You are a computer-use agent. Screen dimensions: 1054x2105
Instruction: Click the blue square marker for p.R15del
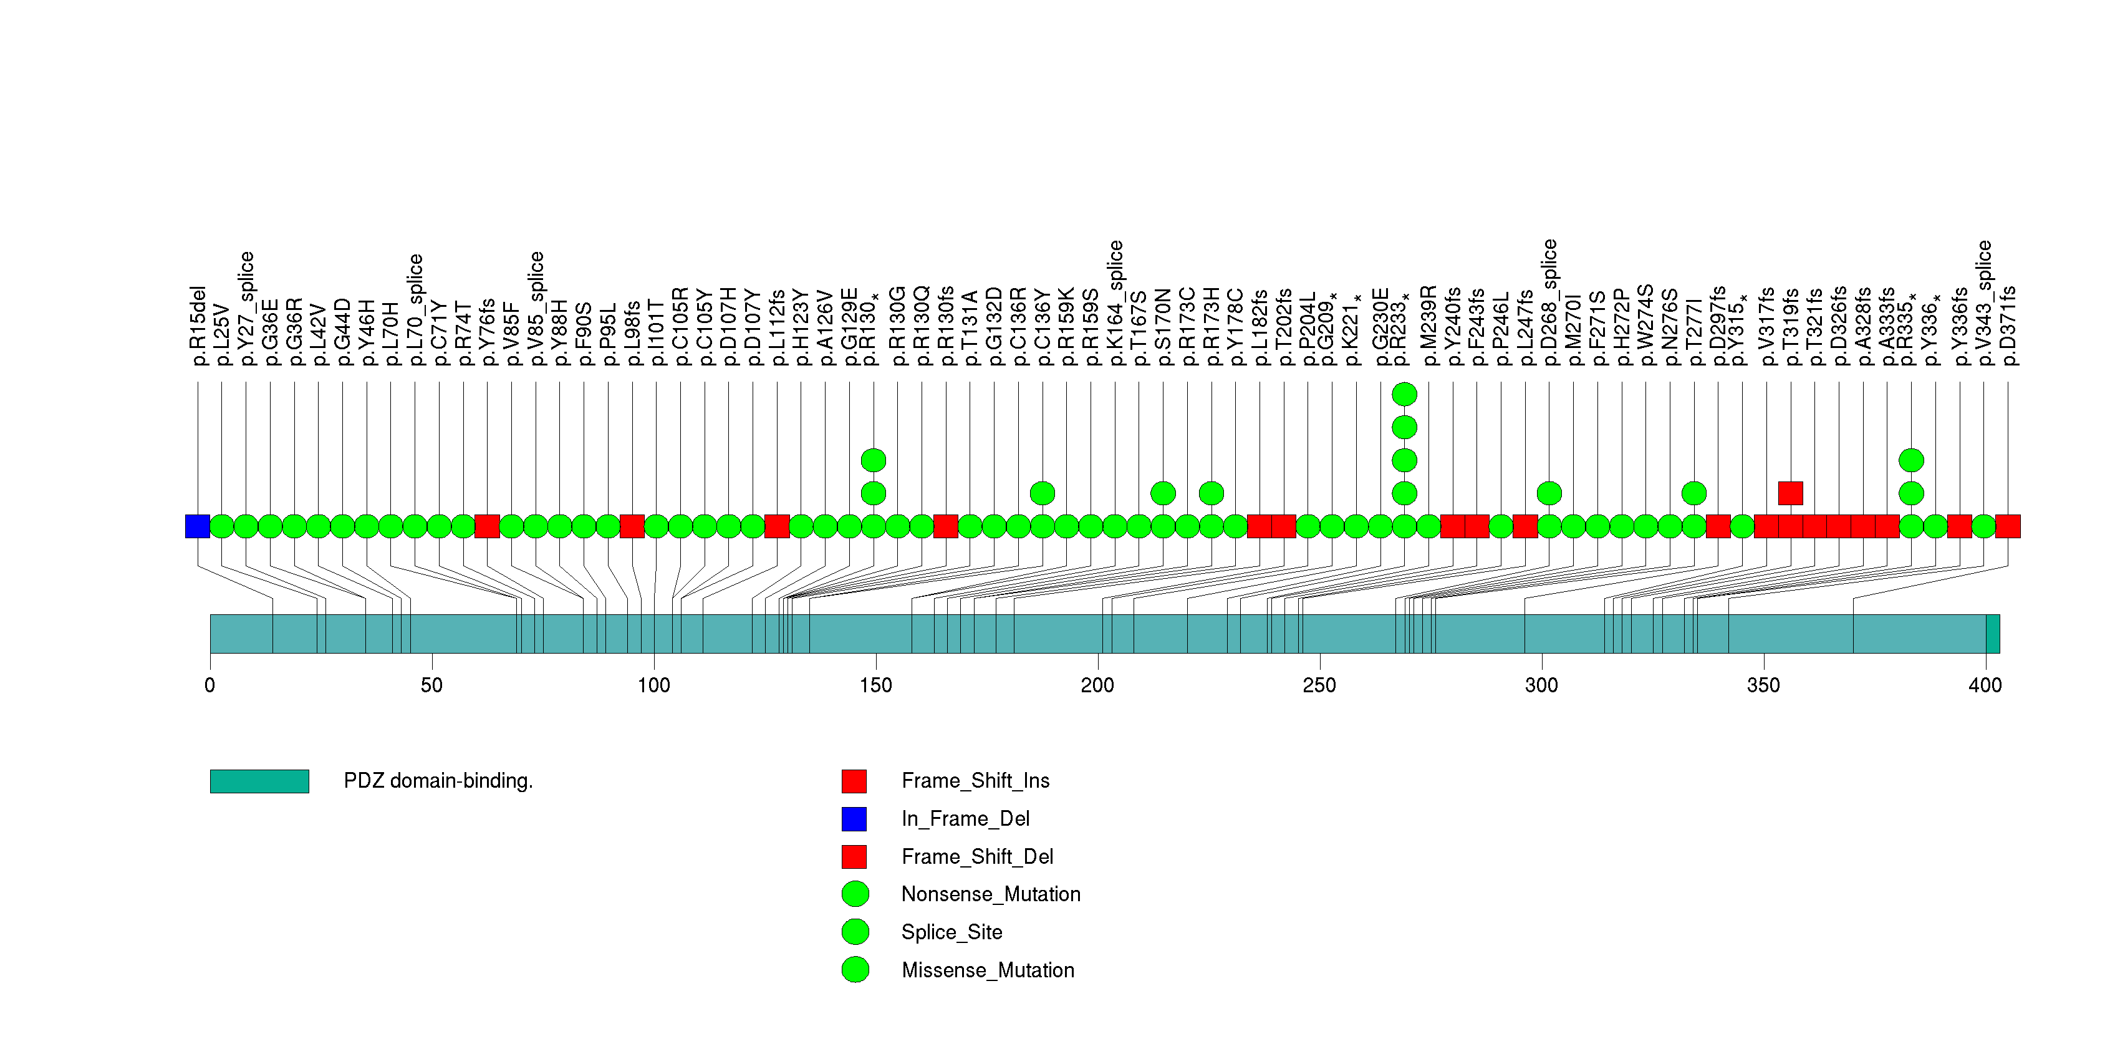(198, 526)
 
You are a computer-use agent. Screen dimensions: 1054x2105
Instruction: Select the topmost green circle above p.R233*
(1404, 395)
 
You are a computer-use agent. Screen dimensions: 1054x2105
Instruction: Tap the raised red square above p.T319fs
(1790, 493)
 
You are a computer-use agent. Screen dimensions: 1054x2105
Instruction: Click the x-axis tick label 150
(875, 685)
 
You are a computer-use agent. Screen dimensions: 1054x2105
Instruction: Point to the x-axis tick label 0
(210, 685)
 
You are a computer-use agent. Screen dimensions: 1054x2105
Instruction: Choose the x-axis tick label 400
(1985, 685)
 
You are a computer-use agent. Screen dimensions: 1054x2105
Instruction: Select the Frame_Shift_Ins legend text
(975, 781)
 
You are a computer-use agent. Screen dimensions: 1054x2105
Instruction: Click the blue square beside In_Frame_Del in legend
(854, 819)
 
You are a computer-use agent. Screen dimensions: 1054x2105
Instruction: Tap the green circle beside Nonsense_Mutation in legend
(855, 894)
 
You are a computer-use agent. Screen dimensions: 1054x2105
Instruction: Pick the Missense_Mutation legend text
(987, 970)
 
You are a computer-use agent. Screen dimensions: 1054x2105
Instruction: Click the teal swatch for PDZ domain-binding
(259, 781)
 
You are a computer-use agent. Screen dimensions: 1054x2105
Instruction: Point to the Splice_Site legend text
(951, 932)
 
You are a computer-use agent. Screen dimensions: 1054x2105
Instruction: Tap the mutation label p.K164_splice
(1115, 303)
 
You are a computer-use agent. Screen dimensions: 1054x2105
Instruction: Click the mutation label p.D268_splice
(1549, 303)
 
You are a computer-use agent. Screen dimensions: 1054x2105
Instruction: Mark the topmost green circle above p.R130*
(874, 461)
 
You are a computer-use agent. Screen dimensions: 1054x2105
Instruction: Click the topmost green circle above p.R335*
(1911, 461)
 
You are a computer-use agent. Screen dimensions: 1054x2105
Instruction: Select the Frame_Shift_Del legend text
(976, 856)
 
